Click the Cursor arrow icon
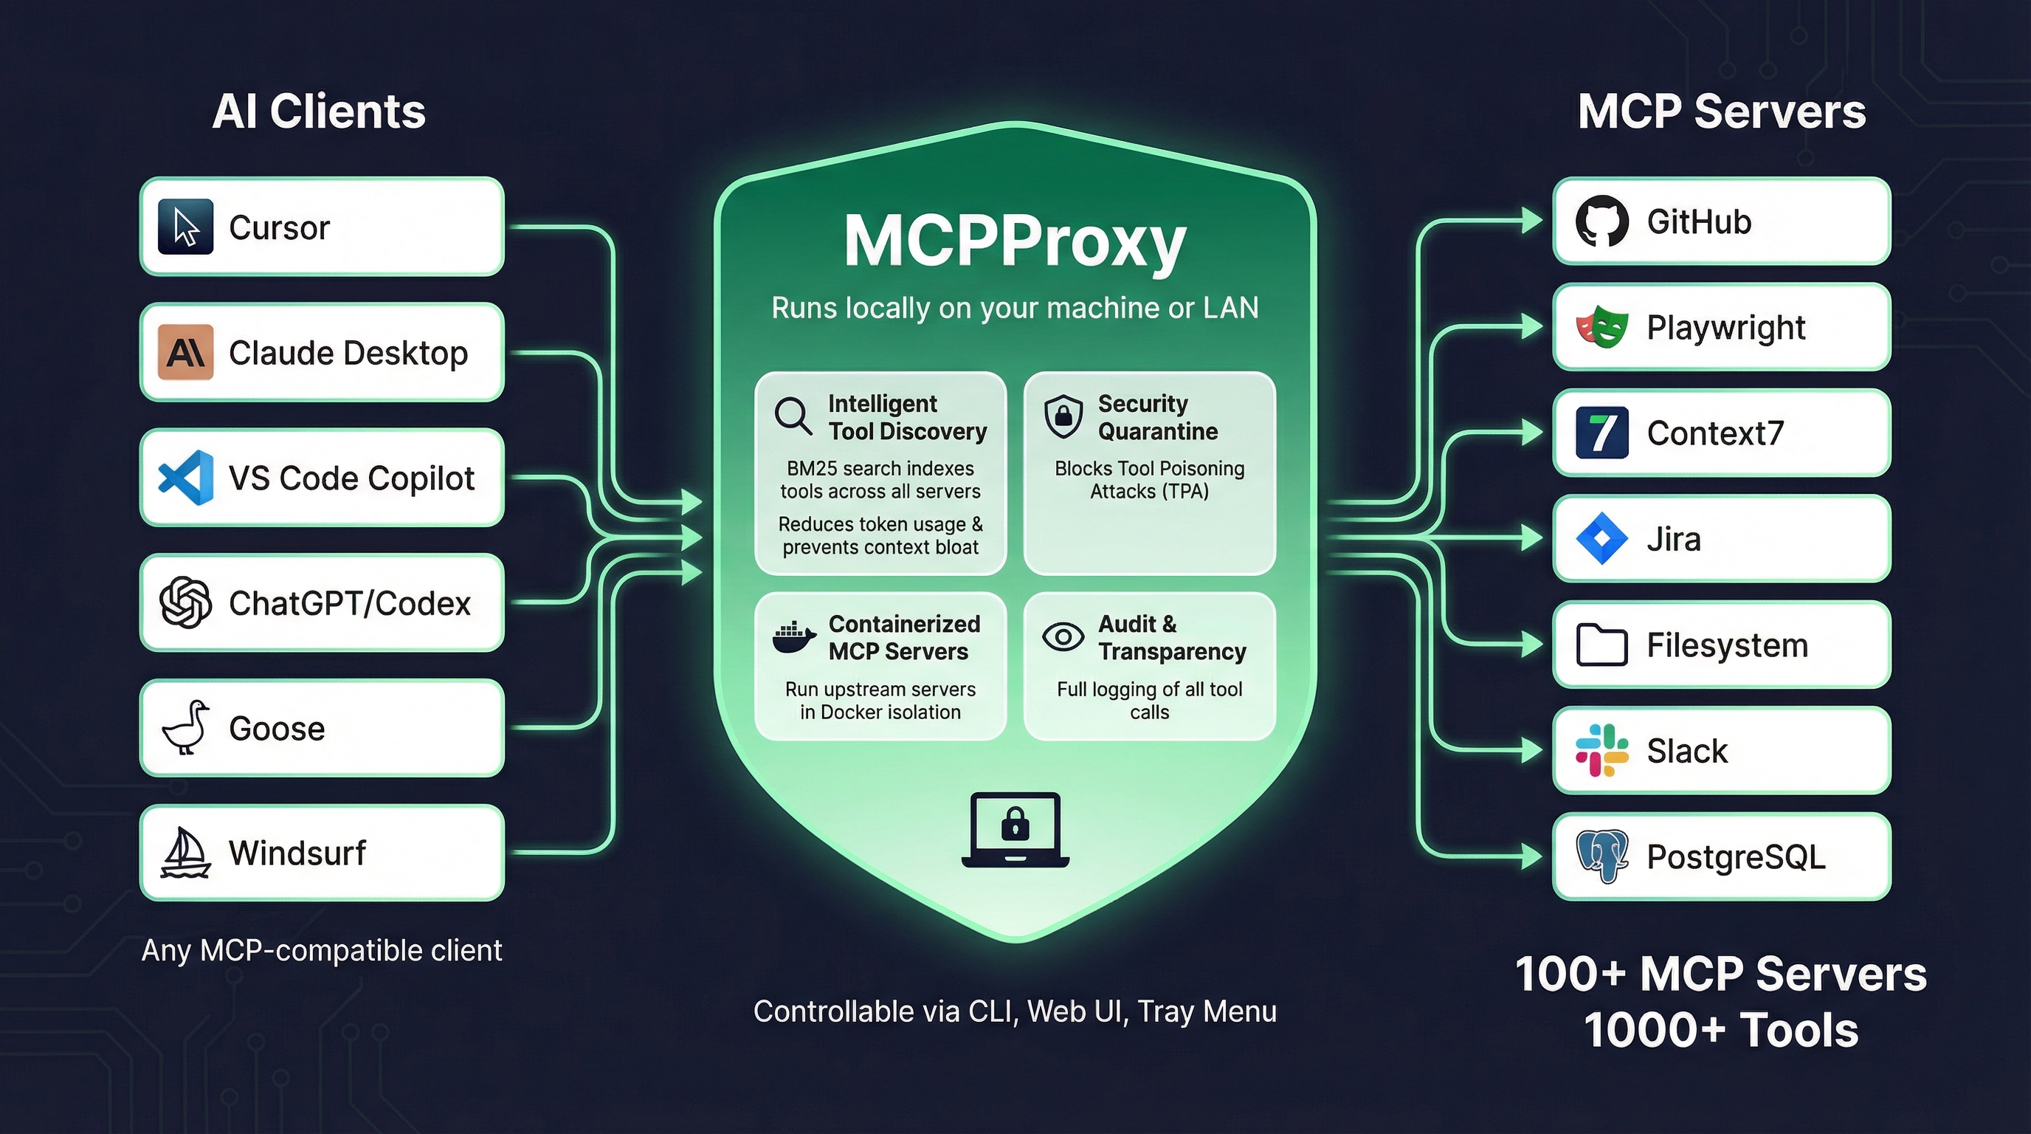click(185, 227)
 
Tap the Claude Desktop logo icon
click(185, 352)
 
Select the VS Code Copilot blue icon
click(185, 478)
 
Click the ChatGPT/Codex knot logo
click(185, 602)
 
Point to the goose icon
click(185, 728)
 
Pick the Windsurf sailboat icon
click(185, 853)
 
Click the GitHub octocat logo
click(1601, 221)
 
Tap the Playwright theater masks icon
click(1601, 326)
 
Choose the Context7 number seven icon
click(1601, 432)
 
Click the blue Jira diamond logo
click(1601, 539)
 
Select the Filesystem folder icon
click(1601, 645)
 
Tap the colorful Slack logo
click(1601, 750)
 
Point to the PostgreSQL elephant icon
click(1601, 856)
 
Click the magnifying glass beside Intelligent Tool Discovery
click(793, 416)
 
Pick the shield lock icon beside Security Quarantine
click(1063, 416)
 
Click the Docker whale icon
click(793, 637)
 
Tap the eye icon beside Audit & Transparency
click(1063, 636)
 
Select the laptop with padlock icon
click(1015, 830)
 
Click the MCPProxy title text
click(1015, 241)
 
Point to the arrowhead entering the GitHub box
click(1531, 221)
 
